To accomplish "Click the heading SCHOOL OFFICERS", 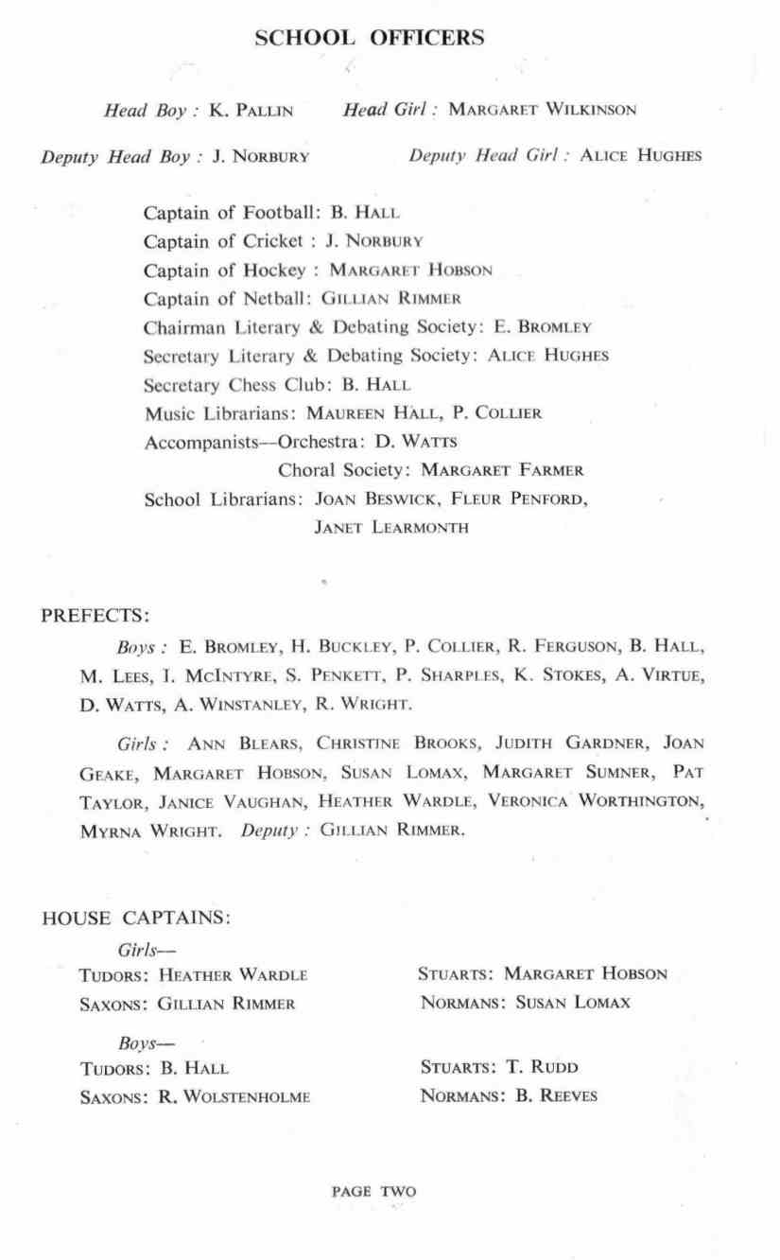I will coord(371,38).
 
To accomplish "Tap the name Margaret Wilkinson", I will coord(542,110).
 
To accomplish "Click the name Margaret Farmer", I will coord(502,470).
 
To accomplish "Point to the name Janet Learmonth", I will coord(390,528).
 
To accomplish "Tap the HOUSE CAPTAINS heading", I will coord(137,918).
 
